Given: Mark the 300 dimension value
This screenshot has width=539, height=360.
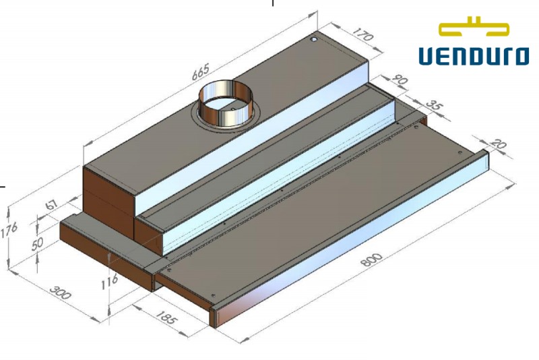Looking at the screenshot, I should click(x=61, y=295).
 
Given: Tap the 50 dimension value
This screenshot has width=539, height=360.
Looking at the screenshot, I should click(x=38, y=243).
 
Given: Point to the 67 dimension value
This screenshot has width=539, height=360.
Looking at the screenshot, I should click(x=49, y=204).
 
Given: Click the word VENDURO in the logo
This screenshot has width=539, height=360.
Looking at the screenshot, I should click(x=473, y=55).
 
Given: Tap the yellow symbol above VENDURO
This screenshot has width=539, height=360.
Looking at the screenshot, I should click(x=473, y=28).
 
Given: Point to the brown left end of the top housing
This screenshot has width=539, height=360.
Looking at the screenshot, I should click(x=108, y=192).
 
